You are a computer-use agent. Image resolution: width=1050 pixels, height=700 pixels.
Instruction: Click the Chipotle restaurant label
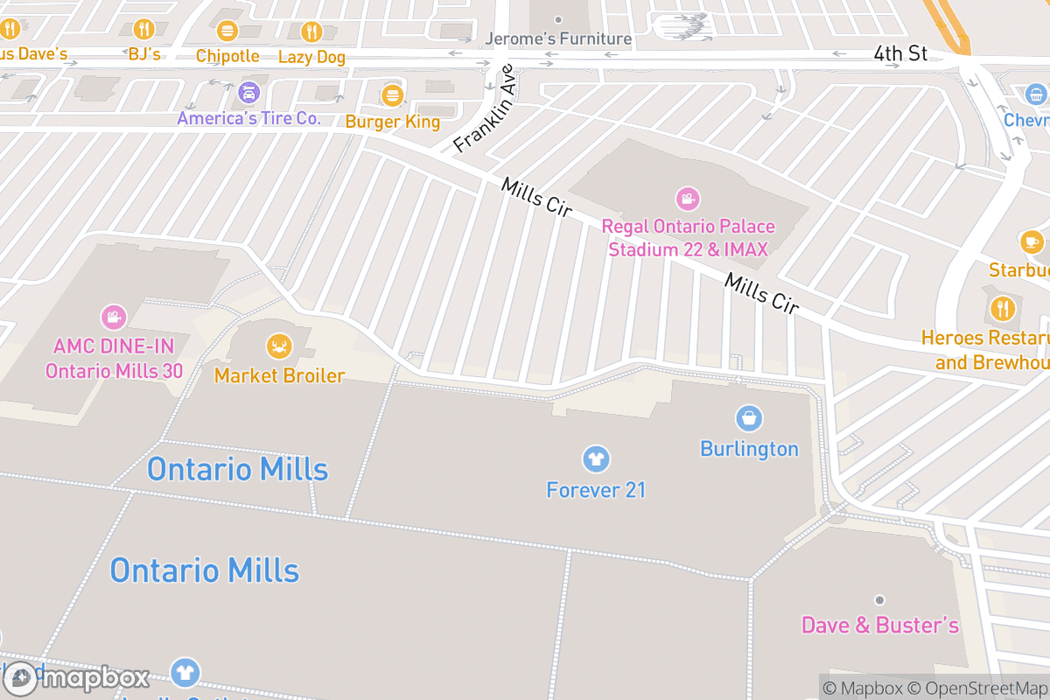pyautogui.click(x=227, y=56)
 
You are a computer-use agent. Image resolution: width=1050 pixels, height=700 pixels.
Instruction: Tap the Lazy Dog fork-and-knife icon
pyautogui.click(x=311, y=32)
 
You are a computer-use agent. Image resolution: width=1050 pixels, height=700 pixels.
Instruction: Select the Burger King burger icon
pyautogui.click(x=392, y=95)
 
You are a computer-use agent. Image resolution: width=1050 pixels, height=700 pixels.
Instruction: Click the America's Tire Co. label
pyautogui.click(x=249, y=118)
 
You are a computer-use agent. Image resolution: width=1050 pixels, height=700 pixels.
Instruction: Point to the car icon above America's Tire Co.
pyautogui.click(x=249, y=92)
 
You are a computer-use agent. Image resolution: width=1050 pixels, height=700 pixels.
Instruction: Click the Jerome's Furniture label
pyautogui.click(x=558, y=38)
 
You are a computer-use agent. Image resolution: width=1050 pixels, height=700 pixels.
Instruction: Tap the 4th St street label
pyautogui.click(x=900, y=53)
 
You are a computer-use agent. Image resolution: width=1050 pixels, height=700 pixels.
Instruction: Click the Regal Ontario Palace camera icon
pyautogui.click(x=688, y=199)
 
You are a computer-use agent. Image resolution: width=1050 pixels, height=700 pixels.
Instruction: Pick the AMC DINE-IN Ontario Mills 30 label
pyautogui.click(x=114, y=358)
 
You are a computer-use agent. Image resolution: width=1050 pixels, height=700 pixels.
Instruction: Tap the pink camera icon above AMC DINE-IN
pyautogui.click(x=113, y=317)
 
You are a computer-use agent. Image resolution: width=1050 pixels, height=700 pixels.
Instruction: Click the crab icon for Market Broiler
pyautogui.click(x=279, y=346)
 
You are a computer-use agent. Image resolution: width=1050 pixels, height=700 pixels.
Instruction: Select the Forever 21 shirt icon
pyautogui.click(x=596, y=458)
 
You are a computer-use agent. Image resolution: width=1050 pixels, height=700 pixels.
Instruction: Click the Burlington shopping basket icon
pyautogui.click(x=749, y=418)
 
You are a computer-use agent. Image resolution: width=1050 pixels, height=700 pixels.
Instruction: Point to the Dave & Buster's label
pyautogui.click(x=880, y=626)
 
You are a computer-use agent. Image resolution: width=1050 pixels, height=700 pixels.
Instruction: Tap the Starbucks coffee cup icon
pyautogui.click(x=1031, y=241)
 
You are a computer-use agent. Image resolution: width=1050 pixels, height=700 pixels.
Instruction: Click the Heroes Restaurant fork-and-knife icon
pyautogui.click(x=1002, y=308)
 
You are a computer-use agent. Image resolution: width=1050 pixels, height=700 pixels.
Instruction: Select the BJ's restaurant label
pyautogui.click(x=144, y=54)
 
